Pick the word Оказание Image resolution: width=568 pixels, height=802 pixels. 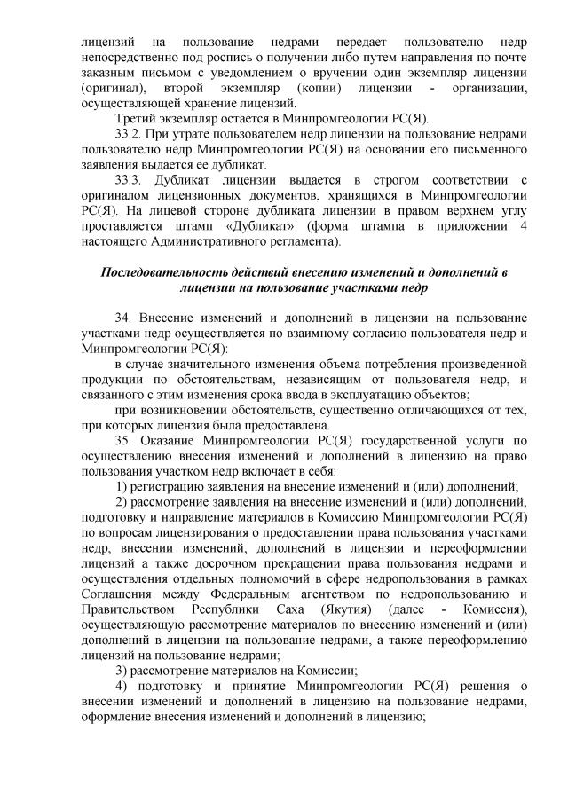tap(170, 440)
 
